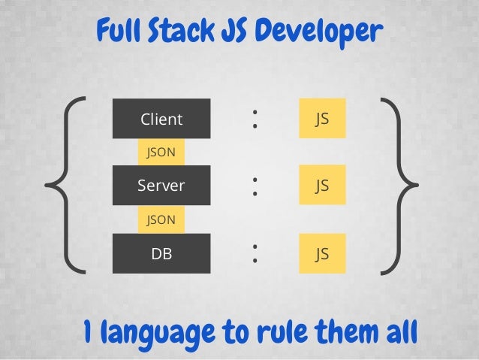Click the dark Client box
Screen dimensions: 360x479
161,119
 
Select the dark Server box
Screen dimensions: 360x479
161,185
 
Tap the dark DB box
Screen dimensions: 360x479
161,253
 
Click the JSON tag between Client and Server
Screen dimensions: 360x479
161,152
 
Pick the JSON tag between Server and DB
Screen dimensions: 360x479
161,219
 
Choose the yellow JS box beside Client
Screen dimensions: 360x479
322,119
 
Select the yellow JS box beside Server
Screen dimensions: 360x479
322,185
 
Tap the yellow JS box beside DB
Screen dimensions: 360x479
322,253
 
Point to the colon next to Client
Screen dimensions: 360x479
256,118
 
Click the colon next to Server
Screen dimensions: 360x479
256,185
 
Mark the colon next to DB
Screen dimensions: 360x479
256,253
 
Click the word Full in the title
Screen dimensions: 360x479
118,32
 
